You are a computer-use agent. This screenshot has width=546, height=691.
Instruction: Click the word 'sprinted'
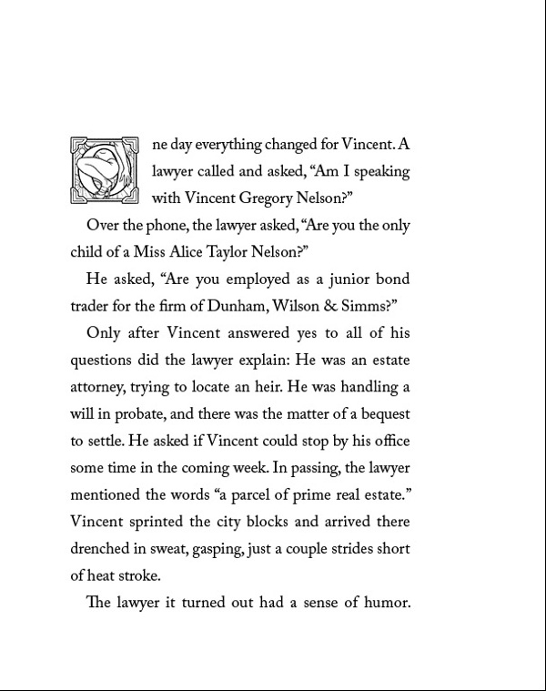point(155,523)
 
